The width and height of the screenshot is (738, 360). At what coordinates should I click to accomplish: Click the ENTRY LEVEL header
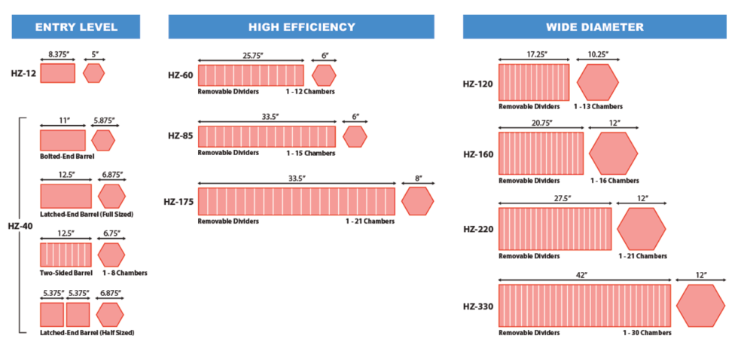coord(76,27)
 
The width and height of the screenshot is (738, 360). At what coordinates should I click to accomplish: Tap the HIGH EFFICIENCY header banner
coord(301,27)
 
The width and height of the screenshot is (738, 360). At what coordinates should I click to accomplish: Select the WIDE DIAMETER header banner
coord(595,27)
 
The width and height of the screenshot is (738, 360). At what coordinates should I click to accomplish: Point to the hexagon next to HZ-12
coord(94,73)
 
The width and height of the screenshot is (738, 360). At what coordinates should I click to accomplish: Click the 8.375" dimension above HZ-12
coord(58,55)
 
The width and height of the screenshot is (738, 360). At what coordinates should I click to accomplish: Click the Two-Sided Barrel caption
coord(66,273)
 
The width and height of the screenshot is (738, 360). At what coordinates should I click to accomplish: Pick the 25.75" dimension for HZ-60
coord(252,55)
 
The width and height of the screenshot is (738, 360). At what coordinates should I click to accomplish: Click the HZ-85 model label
coord(181,136)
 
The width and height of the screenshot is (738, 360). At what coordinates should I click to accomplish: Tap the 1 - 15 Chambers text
coord(310,153)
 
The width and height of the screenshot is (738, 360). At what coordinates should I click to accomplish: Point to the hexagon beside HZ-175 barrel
coord(417,201)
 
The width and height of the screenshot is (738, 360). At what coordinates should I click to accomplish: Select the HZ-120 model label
coord(478,84)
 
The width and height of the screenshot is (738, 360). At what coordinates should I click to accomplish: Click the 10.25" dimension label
coord(597,55)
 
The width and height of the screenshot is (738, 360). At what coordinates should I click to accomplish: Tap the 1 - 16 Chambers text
coord(614,181)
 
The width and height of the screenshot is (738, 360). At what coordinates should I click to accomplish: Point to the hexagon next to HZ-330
coord(700,306)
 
